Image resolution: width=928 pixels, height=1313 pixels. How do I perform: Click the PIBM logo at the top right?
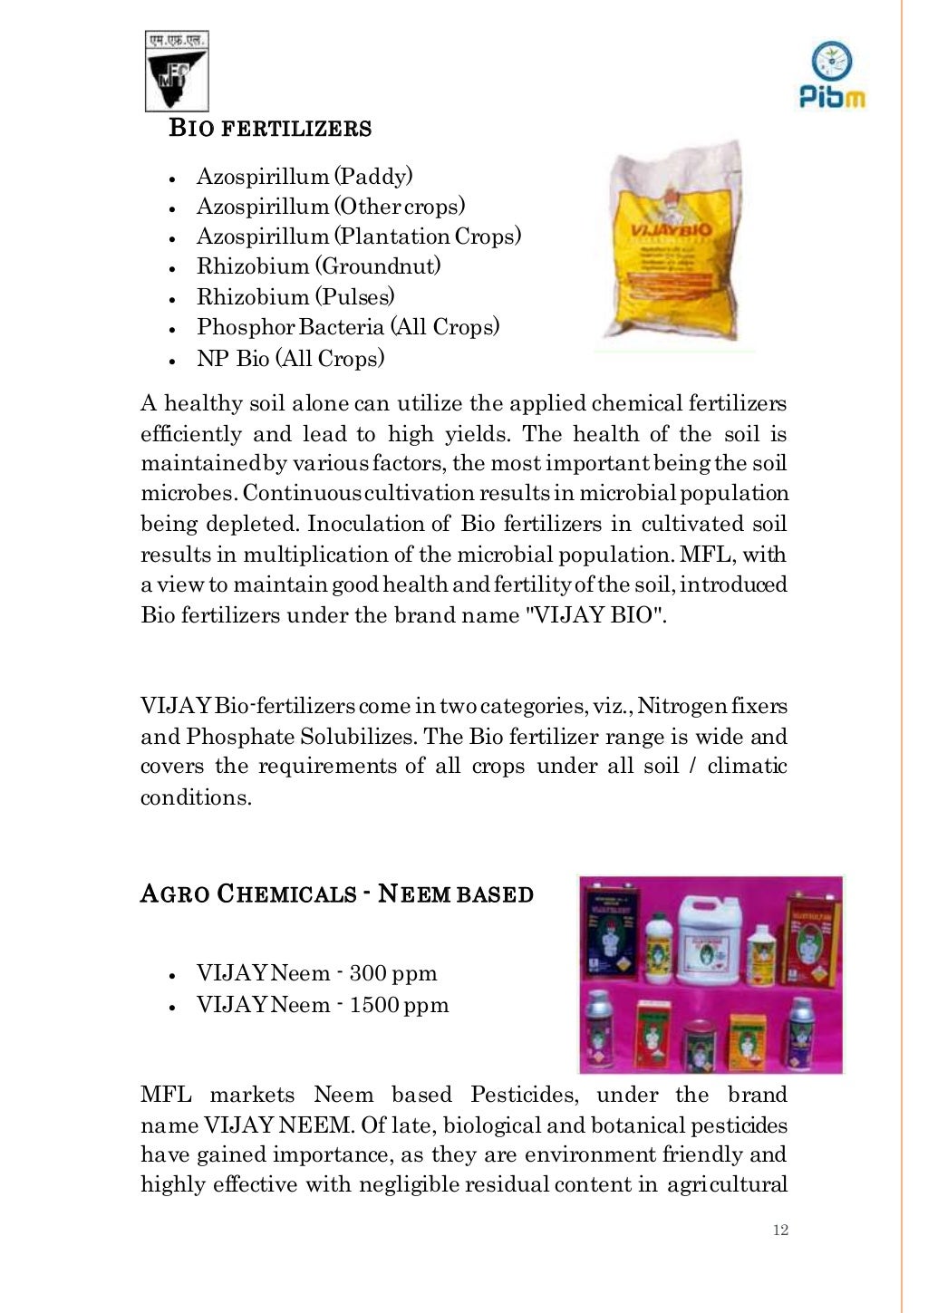[832, 75]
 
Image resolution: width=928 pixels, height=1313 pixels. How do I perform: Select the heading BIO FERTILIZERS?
[270, 129]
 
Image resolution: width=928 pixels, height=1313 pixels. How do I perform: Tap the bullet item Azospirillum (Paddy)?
[304, 176]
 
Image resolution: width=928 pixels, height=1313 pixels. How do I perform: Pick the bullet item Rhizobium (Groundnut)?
[318, 266]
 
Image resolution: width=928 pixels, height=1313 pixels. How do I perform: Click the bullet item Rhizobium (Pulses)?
[295, 297]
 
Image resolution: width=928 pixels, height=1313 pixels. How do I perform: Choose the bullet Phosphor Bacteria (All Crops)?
[348, 327]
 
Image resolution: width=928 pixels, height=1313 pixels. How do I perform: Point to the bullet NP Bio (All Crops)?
[290, 359]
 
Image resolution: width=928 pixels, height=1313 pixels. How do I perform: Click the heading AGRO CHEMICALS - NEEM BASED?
[337, 894]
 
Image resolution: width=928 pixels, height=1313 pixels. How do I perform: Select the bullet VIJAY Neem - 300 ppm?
[316, 974]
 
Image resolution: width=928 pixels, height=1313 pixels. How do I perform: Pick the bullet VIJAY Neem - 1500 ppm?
[323, 1005]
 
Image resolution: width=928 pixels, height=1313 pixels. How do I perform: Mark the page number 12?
[780, 1230]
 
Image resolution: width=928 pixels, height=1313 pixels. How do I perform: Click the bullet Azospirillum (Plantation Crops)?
[359, 237]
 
